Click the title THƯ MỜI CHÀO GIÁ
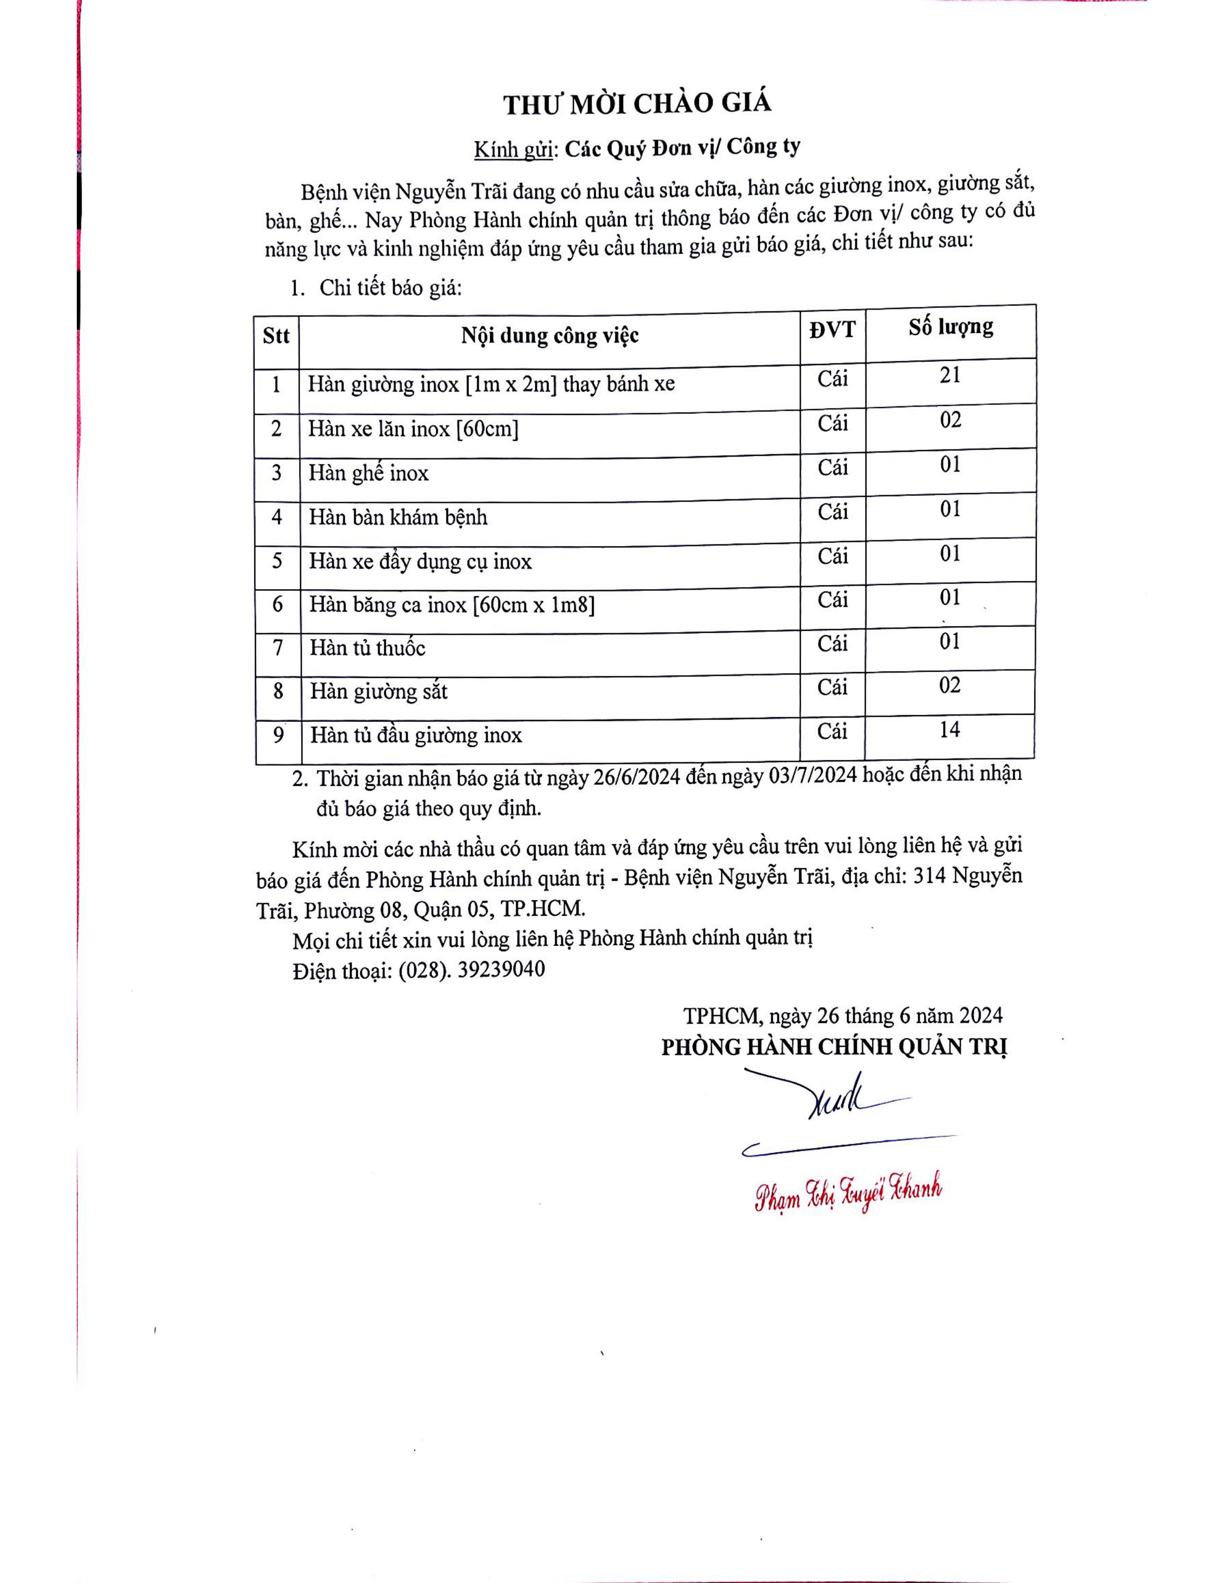point(637,104)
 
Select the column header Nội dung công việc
point(550,336)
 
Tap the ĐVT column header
point(832,330)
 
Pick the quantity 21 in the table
point(950,376)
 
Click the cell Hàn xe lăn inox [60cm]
point(413,429)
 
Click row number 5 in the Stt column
point(277,561)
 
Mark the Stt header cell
point(276,336)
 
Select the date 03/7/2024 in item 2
point(812,775)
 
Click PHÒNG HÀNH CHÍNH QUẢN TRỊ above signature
point(834,1047)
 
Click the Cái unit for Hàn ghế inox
point(832,468)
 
